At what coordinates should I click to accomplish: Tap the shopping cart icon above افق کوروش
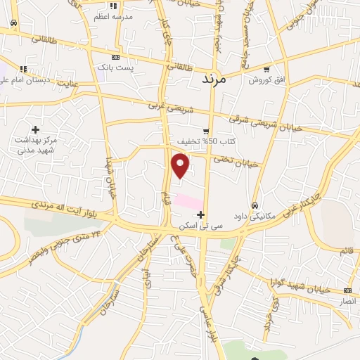point(266,70)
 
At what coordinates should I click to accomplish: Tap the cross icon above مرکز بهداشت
point(35,129)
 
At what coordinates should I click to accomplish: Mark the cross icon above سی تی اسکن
point(201,214)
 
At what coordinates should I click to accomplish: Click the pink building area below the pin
point(188,202)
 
